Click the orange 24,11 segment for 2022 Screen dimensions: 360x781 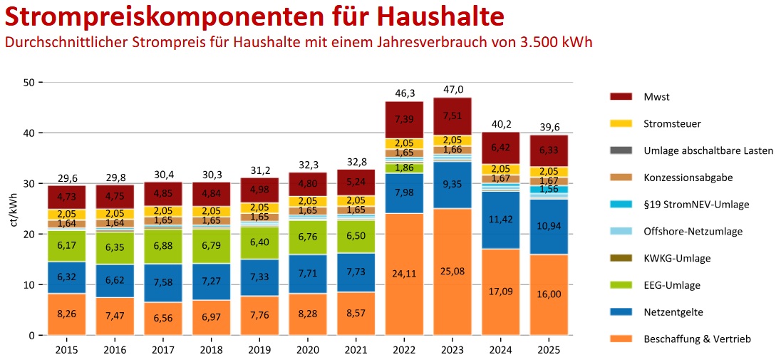403,272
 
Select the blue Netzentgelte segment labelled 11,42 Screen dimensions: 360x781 500,220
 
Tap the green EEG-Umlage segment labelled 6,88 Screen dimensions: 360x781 162,245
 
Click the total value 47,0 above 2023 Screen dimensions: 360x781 452,90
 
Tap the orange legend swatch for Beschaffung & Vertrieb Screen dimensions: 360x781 621,339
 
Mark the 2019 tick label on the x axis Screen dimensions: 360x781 259,350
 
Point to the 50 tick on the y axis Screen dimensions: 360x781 30,83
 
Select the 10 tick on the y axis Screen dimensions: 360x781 30,285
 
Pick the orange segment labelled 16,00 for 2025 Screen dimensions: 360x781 549,293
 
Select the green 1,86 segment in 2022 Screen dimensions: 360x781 403,168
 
